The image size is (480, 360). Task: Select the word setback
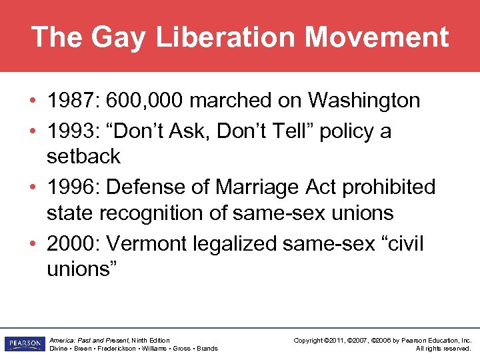click(x=83, y=157)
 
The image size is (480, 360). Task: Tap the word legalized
click(x=235, y=244)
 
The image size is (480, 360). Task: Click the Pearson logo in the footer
click(x=23, y=344)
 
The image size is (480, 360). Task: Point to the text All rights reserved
click(x=443, y=349)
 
